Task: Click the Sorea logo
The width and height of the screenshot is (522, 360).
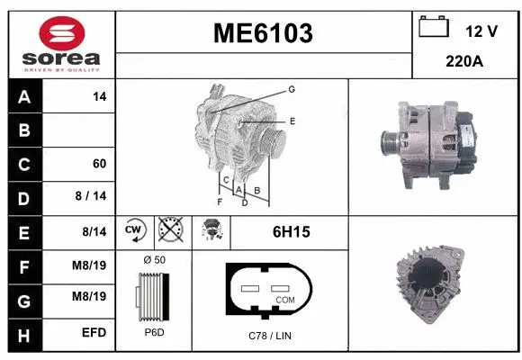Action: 59,40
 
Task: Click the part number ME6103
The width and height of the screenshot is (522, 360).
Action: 262,33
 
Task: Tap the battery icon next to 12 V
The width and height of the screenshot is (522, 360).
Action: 434,28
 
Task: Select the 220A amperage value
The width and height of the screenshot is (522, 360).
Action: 466,64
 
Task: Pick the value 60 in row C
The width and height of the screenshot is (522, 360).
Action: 99,164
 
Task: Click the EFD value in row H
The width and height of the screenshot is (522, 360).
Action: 94,333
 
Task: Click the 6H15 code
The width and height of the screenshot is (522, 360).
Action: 291,232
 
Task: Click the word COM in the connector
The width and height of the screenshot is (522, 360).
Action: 284,299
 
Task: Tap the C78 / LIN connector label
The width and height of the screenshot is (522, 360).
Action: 270,335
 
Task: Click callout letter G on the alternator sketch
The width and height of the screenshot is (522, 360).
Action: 292,89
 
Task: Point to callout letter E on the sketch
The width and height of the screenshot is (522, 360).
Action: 292,120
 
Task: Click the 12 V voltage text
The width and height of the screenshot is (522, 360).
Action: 481,31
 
